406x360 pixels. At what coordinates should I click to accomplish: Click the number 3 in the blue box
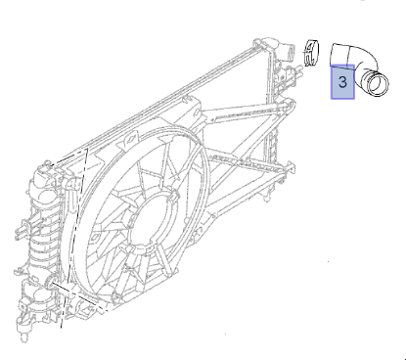point(342,82)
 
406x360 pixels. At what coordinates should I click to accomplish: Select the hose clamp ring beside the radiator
point(311,53)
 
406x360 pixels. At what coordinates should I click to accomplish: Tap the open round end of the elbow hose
point(378,84)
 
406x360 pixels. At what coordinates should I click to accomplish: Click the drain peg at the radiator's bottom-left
point(24,336)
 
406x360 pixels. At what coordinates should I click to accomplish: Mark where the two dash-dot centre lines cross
point(68,291)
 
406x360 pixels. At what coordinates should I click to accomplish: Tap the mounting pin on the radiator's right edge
point(292,166)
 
